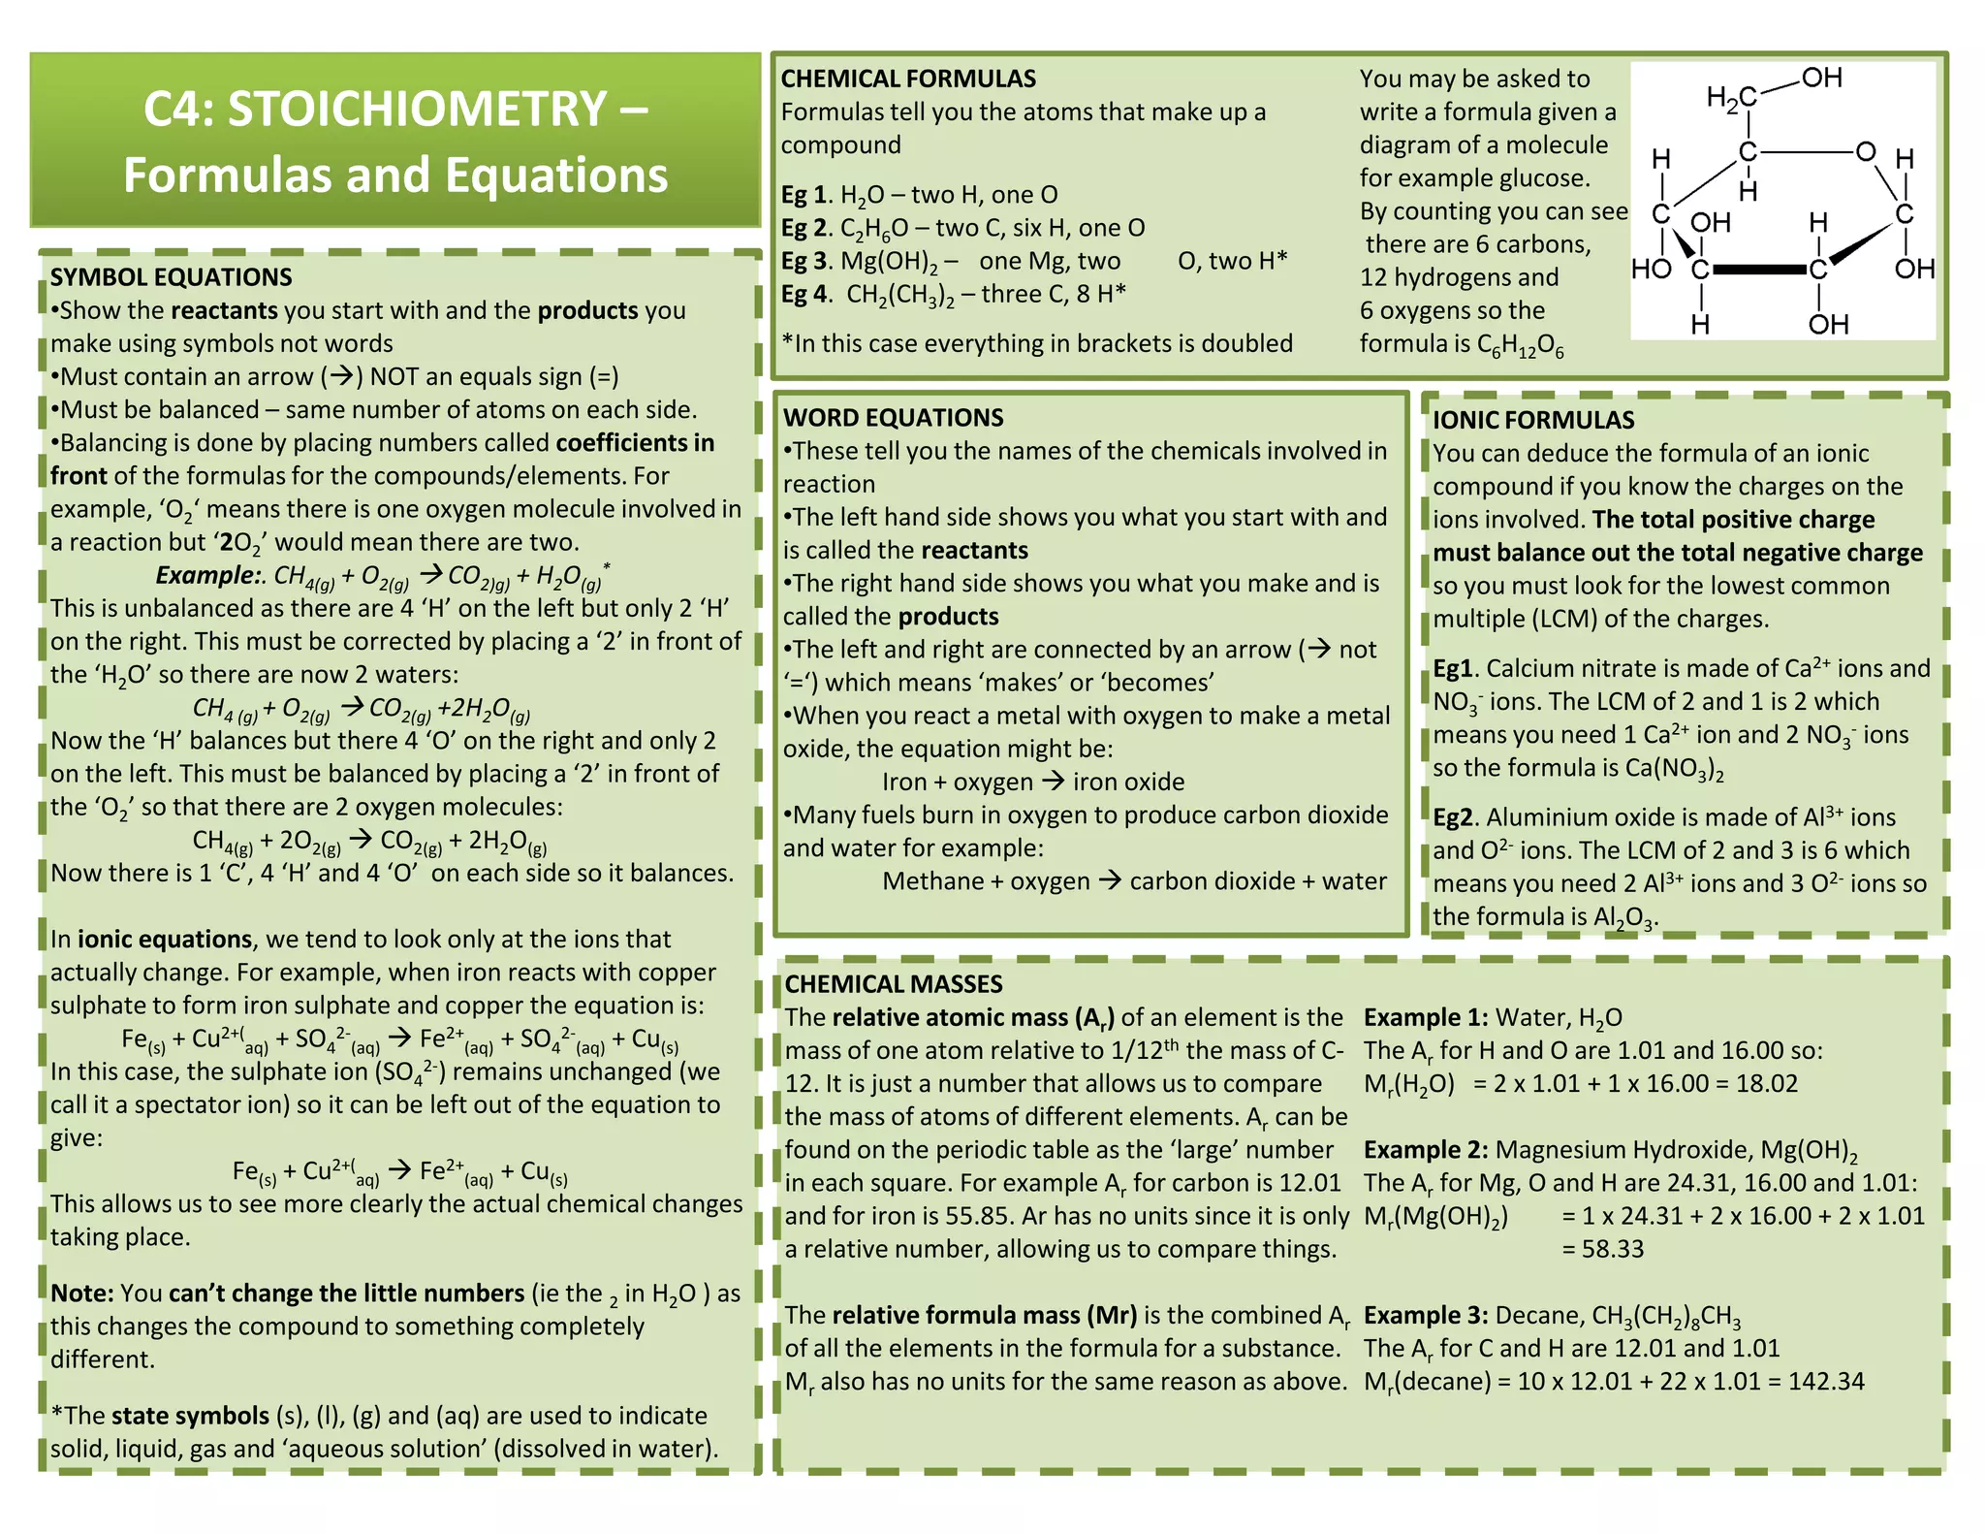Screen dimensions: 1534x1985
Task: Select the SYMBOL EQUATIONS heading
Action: point(171,277)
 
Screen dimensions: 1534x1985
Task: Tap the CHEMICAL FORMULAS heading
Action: point(908,79)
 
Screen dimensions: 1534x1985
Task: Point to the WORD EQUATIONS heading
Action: point(893,418)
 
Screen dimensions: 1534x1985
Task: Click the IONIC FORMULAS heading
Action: point(1533,420)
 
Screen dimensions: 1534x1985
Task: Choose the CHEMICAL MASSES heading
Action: point(893,984)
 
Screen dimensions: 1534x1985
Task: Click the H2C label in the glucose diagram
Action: point(1731,98)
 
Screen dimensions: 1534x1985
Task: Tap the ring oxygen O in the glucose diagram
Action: point(1865,152)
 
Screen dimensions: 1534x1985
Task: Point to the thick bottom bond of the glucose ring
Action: point(1758,270)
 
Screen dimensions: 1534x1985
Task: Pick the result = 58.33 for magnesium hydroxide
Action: point(1602,1249)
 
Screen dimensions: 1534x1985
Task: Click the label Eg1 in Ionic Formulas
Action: point(1453,669)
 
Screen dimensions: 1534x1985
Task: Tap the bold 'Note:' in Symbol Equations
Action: point(82,1294)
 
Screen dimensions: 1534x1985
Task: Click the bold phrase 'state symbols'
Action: point(190,1416)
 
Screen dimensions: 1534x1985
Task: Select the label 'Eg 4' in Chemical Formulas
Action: point(805,294)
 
